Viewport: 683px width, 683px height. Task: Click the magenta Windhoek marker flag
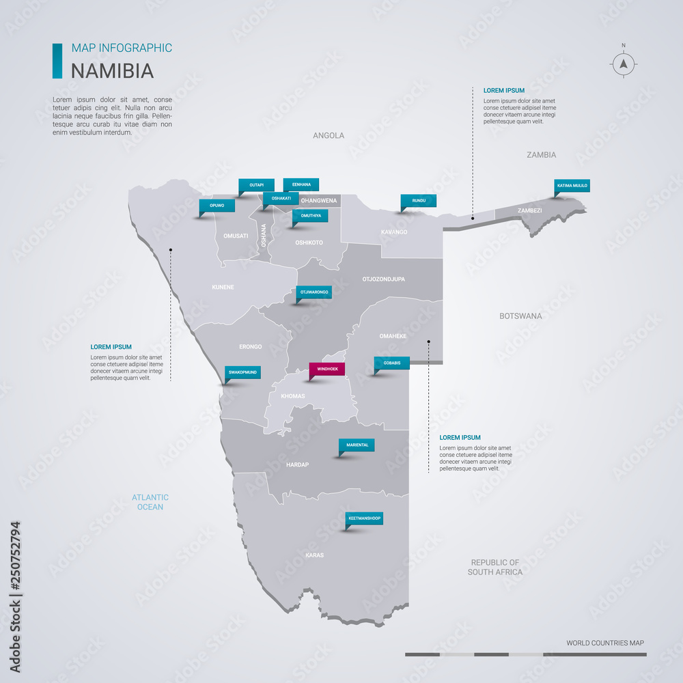[327, 369]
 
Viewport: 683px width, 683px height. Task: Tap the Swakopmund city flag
[242, 373]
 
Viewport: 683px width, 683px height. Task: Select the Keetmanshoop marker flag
[364, 518]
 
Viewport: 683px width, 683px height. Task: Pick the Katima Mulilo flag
[572, 185]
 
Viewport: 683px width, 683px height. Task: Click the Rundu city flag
[419, 201]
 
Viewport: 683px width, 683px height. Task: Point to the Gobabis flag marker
[392, 363]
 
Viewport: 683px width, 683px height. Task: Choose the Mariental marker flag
[357, 445]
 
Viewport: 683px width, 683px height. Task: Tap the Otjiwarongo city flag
[314, 292]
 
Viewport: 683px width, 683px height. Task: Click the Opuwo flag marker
[217, 205]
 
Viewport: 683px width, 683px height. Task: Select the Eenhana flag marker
[301, 184]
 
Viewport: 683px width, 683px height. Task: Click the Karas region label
[314, 555]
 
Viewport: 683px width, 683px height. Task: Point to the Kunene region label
[223, 288]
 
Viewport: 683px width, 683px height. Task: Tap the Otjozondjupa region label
[383, 279]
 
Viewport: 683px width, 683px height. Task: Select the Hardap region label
[297, 464]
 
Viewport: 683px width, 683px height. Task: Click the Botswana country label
[520, 316]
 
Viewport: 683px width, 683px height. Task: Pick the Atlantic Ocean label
[150, 502]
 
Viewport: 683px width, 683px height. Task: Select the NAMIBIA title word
[113, 71]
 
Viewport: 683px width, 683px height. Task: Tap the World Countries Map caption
[604, 643]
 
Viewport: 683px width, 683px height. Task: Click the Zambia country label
[541, 155]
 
